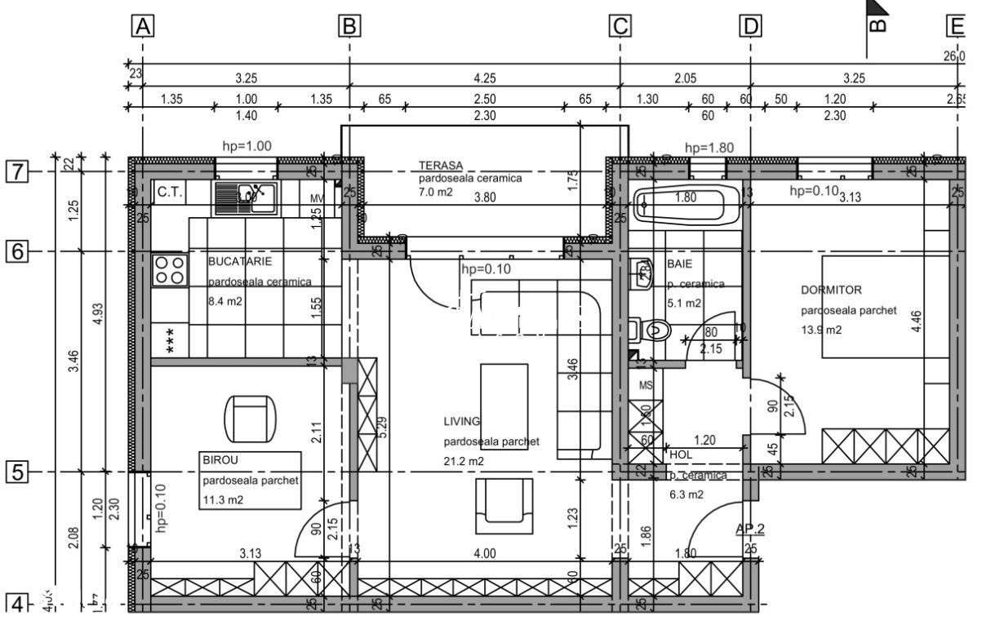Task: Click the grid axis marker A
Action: click(x=144, y=27)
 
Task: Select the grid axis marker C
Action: click(x=620, y=27)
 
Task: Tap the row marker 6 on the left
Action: click(x=17, y=251)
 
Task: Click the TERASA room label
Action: click(x=441, y=164)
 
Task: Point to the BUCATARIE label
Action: click(x=240, y=261)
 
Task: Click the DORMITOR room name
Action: click(x=831, y=290)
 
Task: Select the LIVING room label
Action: click(x=462, y=421)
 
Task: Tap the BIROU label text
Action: click(x=219, y=460)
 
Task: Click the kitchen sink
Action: click(x=246, y=197)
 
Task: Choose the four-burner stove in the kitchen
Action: click(x=170, y=270)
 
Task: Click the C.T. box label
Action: click(x=169, y=193)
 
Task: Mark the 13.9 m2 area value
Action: click(x=821, y=330)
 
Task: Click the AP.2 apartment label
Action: click(x=749, y=528)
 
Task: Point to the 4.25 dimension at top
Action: click(x=484, y=79)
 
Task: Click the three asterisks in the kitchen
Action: click(x=171, y=340)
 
